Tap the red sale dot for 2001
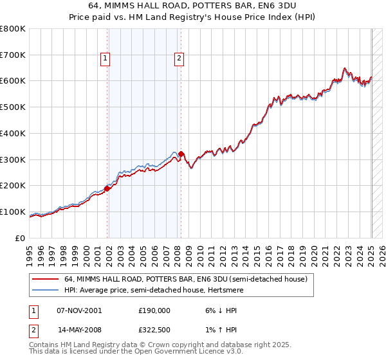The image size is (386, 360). [x=107, y=188]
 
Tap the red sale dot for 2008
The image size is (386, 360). [x=181, y=154]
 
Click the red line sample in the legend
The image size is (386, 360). [x=46, y=280]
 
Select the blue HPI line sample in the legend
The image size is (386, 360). [x=46, y=290]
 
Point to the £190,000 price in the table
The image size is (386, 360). [x=154, y=310]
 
